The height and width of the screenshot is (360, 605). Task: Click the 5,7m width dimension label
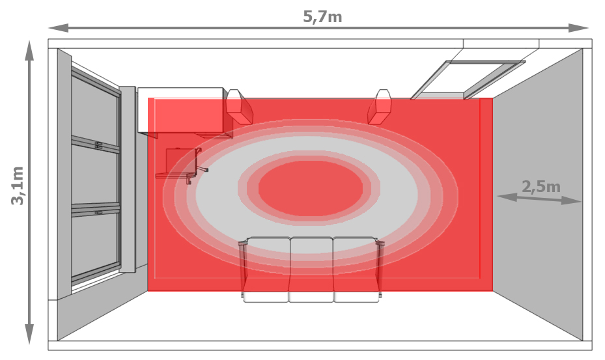(322, 16)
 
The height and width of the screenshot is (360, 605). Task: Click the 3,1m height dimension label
(18, 186)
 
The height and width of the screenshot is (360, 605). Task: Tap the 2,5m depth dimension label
(541, 187)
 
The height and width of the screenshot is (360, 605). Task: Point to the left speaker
(239, 107)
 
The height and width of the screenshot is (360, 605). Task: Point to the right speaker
(380, 107)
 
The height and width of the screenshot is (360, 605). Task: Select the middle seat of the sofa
(311, 270)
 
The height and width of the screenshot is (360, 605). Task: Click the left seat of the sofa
(266, 270)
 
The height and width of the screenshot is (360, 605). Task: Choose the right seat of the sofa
(356, 270)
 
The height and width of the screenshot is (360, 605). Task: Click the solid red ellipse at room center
(311, 188)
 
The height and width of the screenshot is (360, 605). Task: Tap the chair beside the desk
(180, 166)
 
